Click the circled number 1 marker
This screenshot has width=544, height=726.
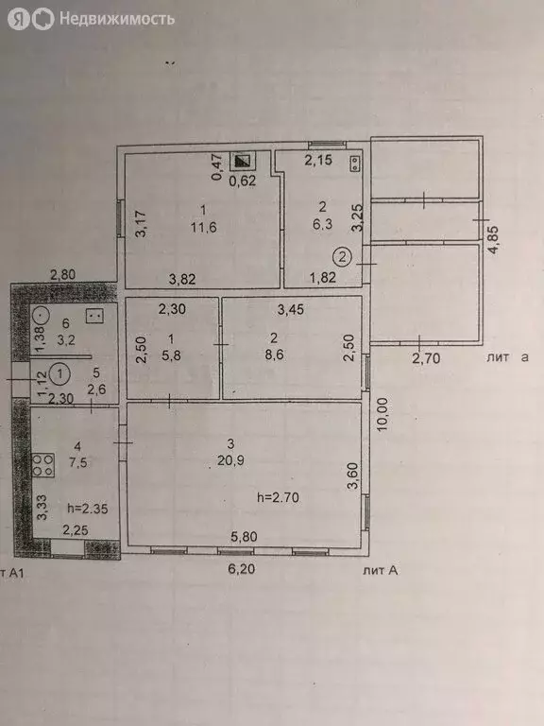click(x=59, y=372)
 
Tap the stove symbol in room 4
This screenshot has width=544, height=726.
click(x=42, y=464)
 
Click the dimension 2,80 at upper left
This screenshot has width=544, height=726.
click(x=62, y=274)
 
